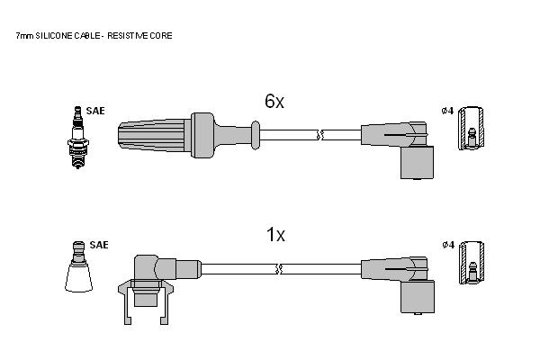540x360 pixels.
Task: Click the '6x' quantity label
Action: pyautogui.click(x=274, y=102)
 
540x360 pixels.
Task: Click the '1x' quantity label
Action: pyautogui.click(x=275, y=235)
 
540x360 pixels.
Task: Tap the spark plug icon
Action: pyautogui.click(x=77, y=137)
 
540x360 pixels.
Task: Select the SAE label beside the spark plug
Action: pyautogui.click(x=95, y=111)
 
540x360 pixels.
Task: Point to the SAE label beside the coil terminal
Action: pyautogui.click(x=99, y=245)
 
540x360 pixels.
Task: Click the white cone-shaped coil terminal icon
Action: pyautogui.click(x=79, y=266)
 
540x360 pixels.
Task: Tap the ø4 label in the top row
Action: pyautogui.click(x=447, y=111)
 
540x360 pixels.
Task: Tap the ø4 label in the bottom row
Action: pyautogui.click(x=448, y=245)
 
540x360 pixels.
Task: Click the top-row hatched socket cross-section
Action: pyautogui.click(x=471, y=128)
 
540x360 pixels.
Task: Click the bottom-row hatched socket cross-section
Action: pyautogui.click(x=472, y=263)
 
